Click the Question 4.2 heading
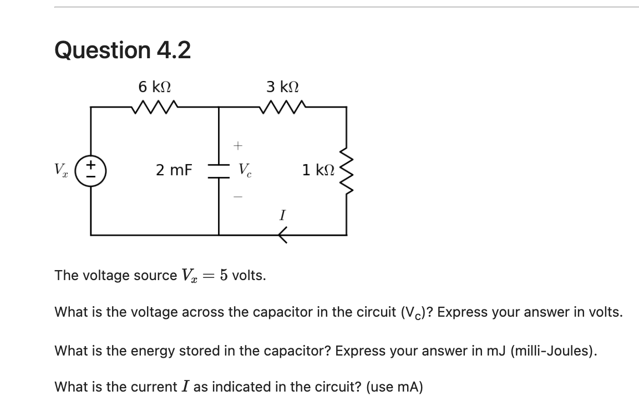click(123, 50)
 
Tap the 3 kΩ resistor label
click(283, 87)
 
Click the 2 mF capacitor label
click(174, 170)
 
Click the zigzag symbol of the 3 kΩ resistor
click(283, 106)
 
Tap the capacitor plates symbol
click(219, 171)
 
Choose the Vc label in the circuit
click(244, 170)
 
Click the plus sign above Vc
click(237, 146)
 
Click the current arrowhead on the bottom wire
click(282, 236)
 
